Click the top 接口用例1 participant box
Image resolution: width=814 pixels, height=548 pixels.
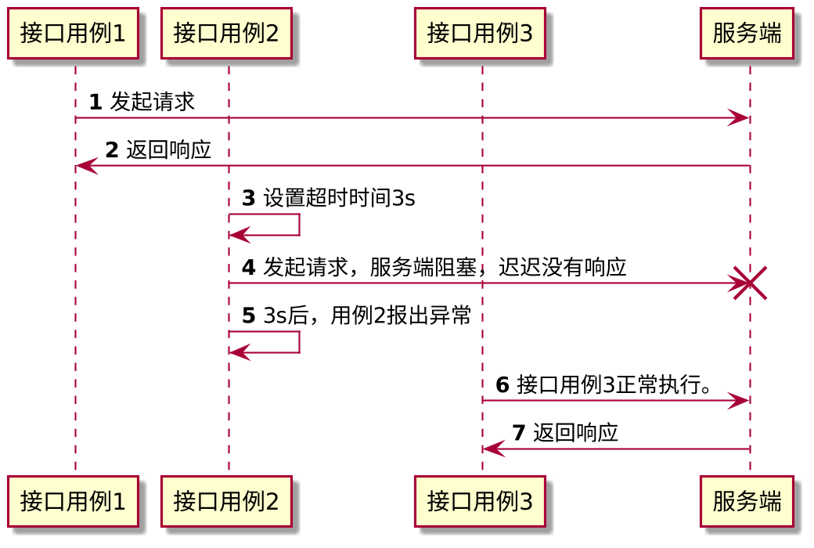[73, 34]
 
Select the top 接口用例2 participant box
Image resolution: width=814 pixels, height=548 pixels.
[226, 34]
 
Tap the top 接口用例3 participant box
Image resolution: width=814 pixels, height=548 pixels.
[480, 34]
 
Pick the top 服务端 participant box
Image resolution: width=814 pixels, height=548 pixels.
[747, 34]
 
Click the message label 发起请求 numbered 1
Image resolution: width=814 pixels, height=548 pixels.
[153, 102]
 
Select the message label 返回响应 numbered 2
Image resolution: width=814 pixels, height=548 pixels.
[168, 150]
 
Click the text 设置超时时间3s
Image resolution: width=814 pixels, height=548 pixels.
[338, 199]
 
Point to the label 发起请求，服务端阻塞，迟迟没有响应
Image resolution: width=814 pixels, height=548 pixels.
[444, 268]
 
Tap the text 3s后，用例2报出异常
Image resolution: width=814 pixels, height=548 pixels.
[366, 316]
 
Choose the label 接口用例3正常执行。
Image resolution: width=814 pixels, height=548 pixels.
[614, 385]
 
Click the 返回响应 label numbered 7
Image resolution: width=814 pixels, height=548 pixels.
[575, 433]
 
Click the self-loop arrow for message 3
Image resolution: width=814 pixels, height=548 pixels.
[298, 224]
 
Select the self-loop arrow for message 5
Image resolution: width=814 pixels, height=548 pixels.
[298, 342]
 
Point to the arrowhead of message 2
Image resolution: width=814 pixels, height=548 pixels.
[85, 166]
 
